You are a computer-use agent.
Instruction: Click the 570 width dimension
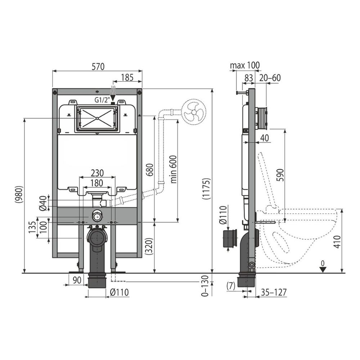[x=98, y=66]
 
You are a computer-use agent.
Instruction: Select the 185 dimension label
[x=127, y=77]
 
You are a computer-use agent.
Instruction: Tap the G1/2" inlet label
[x=102, y=100]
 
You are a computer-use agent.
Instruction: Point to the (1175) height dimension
[x=206, y=189]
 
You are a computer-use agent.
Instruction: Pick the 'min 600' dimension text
[x=174, y=169]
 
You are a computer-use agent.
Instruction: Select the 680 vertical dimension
[x=149, y=170]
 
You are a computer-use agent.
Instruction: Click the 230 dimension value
[x=97, y=173]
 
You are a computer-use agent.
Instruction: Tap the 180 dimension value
[x=96, y=183]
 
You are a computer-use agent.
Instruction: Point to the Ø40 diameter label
[x=43, y=203]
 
